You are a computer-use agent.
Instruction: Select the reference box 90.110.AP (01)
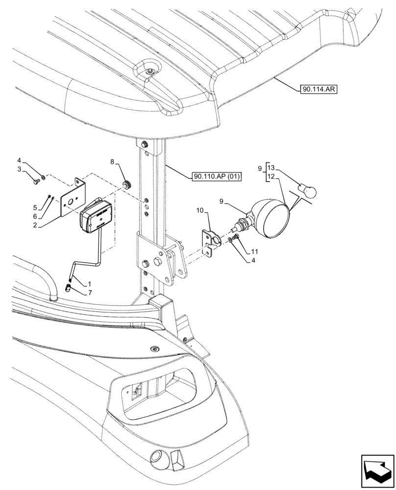pos(215,176)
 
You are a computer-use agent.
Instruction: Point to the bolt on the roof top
pos(148,72)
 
